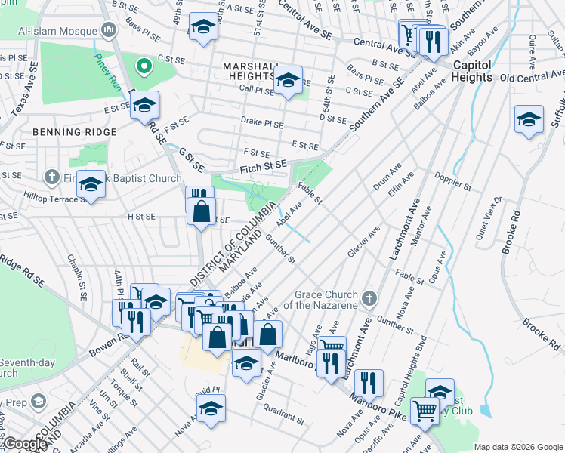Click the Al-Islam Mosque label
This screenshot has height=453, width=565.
click(x=57, y=32)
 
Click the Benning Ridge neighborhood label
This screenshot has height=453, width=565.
click(x=75, y=132)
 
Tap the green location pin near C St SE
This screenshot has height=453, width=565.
click(x=141, y=66)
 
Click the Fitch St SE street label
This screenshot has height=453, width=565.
click(x=263, y=165)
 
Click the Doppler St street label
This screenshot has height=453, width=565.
click(x=452, y=181)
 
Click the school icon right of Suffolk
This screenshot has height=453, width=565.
click(x=529, y=119)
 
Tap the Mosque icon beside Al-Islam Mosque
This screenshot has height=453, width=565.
click(x=109, y=31)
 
